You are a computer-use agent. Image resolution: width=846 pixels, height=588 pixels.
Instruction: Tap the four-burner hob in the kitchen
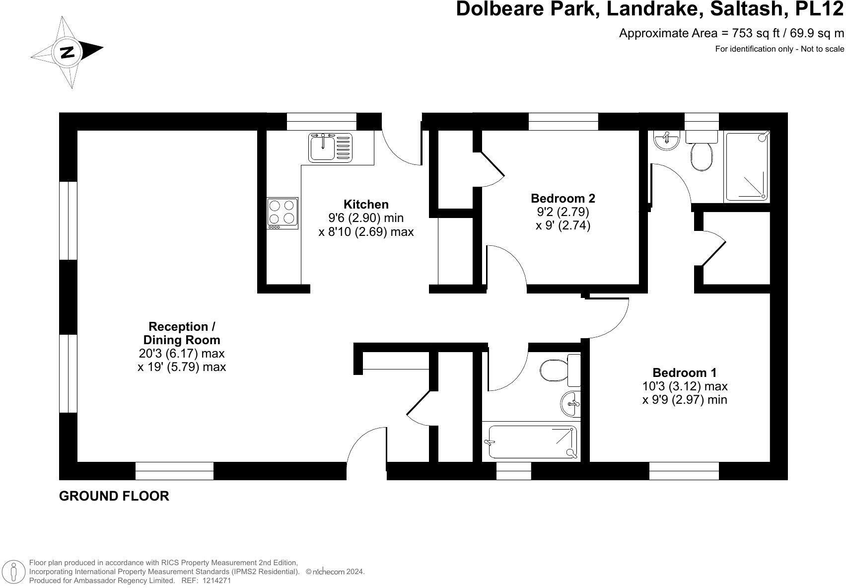pyautogui.click(x=282, y=213)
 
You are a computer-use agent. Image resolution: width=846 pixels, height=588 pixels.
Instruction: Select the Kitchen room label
pyautogui.click(x=366, y=204)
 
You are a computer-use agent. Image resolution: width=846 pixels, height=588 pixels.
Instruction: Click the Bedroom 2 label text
pyautogui.click(x=563, y=198)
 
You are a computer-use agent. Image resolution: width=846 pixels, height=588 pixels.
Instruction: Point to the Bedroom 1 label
pyautogui.click(x=684, y=372)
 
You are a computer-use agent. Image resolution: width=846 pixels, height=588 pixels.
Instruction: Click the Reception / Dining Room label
pyautogui.click(x=182, y=333)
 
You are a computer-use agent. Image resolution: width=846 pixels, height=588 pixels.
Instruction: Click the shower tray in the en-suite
pyautogui.click(x=747, y=166)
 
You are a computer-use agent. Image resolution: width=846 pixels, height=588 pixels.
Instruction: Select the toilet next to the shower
pyautogui.click(x=701, y=151)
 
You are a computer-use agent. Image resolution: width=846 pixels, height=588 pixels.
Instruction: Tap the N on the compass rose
pyautogui.click(x=67, y=52)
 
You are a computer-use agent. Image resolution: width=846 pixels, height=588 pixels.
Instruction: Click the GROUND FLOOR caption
pyautogui.click(x=114, y=496)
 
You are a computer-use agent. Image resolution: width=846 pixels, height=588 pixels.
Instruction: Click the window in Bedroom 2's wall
pyautogui.click(x=563, y=121)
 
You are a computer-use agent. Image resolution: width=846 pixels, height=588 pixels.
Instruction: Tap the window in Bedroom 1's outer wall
pyautogui.click(x=684, y=471)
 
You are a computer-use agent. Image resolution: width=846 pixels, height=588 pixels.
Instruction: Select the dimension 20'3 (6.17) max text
pyautogui.click(x=182, y=354)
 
